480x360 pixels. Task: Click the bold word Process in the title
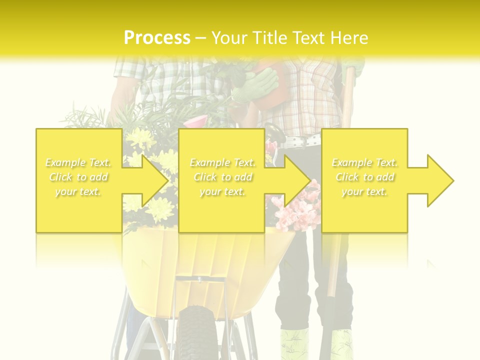(x=157, y=38)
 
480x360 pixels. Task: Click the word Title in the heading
(x=271, y=38)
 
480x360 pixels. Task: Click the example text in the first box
(x=78, y=177)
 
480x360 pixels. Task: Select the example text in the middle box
(x=222, y=177)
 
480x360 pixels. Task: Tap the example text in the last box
(x=364, y=177)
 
